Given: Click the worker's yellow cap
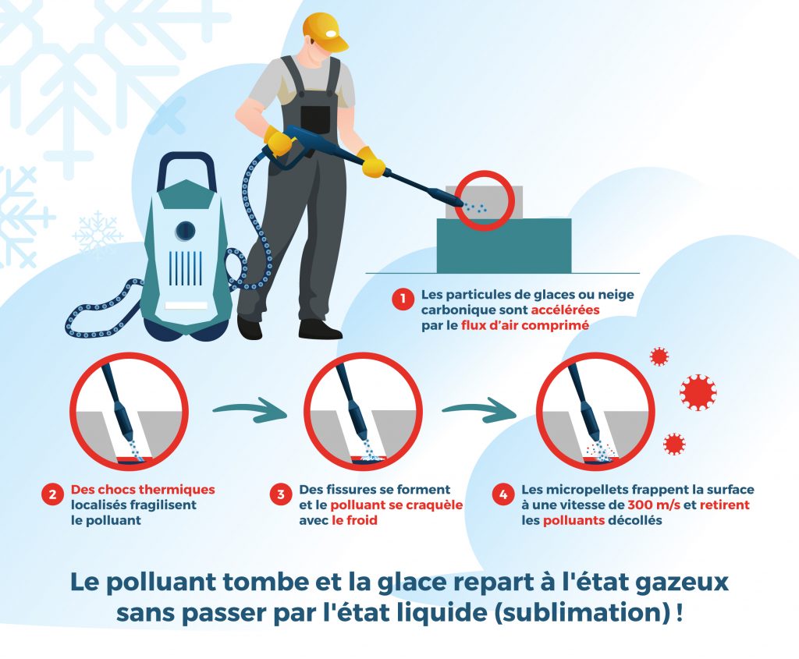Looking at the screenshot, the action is tap(324, 30).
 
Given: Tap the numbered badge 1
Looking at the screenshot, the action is tap(403, 299).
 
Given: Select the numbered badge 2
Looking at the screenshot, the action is tap(52, 494).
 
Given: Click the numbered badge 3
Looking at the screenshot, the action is tap(281, 494).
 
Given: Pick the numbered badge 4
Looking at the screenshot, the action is tap(503, 494).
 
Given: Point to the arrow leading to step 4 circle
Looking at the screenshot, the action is tap(478, 410).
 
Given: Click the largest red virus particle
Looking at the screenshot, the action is tap(698, 392).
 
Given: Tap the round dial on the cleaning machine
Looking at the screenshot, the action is tap(185, 231).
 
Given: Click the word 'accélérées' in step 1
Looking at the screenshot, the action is tap(565, 310).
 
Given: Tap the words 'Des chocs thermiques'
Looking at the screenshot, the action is tap(143, 490).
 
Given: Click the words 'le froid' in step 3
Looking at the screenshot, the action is tap(355, 520).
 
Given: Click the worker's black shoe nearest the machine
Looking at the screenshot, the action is tap(250, 328).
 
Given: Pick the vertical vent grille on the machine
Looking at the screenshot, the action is tap(185, 267).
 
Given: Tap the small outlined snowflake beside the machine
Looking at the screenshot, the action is tap(98, 235).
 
